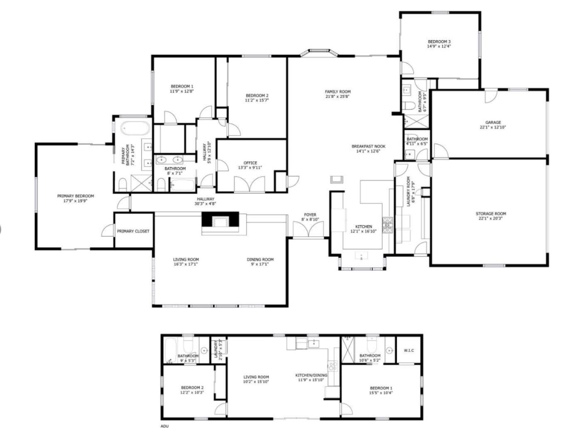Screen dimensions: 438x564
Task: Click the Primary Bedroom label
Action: click(75, 196)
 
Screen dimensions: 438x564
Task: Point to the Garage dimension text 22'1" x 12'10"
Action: click(493, 127)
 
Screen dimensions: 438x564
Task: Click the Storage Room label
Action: click(490, 214)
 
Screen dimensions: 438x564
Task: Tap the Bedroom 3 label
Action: click(439, 42)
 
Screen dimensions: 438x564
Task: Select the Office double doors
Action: click(251, 185)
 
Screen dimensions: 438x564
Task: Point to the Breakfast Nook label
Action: click(368, 146)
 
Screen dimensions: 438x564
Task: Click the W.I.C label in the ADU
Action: click(409, 351)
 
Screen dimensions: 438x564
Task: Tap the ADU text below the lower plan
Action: click(164, 426)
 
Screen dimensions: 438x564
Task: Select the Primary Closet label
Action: click(133, 231)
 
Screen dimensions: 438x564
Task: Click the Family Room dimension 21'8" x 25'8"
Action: click(338, 97)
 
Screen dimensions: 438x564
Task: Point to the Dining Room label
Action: click(260, 260)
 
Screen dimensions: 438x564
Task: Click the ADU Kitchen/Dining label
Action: click(311, 375)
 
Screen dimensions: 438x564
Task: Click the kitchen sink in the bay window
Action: click(361, 256)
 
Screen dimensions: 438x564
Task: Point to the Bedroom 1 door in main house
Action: click(170, 118)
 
